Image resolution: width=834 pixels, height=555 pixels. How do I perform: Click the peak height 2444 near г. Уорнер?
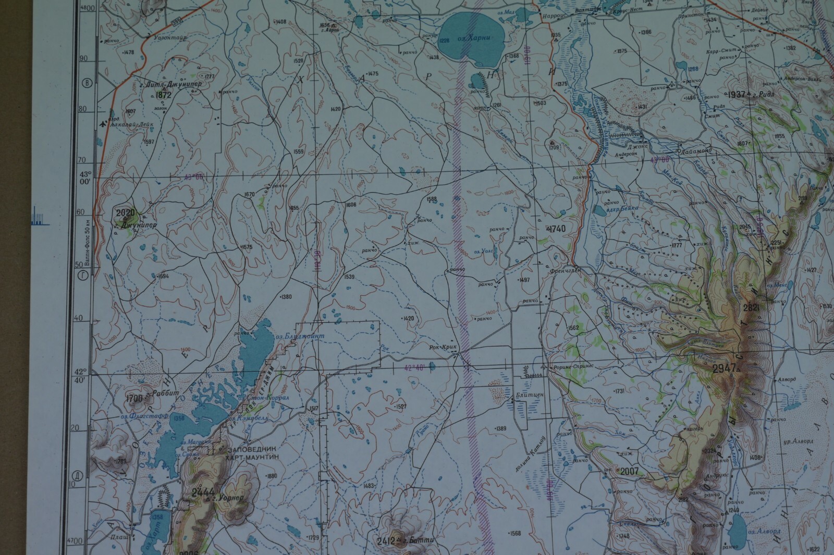(x=201, y=493)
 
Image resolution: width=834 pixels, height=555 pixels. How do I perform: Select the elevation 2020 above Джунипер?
(x=125, y=212)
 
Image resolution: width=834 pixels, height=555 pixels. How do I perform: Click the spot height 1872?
(x=163, y=95)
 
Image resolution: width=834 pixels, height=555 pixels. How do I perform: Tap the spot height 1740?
(x=556, y=229)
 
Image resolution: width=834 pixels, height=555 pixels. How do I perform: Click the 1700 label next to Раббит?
(x=134, y=399)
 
